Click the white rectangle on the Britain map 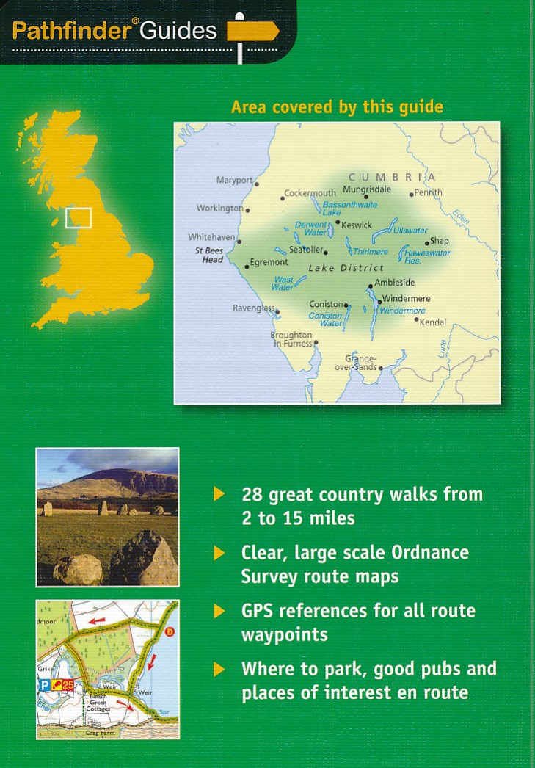point(79,218)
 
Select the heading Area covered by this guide point(337,107)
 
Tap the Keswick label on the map point(357,225)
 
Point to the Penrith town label point(429,192)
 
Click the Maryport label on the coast point(234,180)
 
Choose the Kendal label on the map point(432,322)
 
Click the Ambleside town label point(395,283)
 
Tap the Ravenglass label point(253,308)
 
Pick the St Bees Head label point(209,256)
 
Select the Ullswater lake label point(411,231)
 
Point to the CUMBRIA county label point(392,177)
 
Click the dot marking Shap point(426,242)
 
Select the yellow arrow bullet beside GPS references point(219,611)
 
